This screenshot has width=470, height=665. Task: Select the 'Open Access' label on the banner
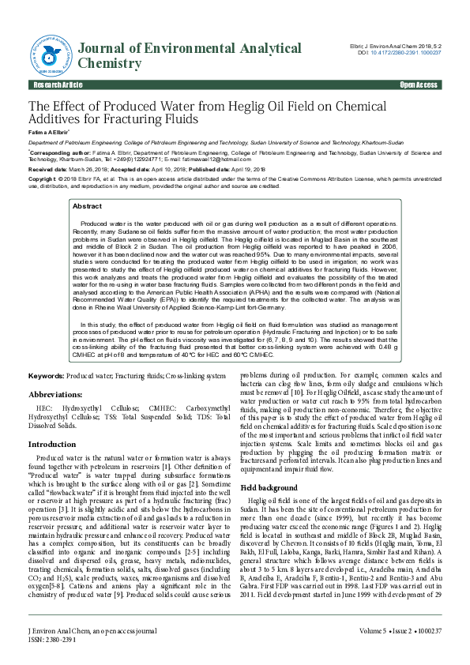(x=419, y=85)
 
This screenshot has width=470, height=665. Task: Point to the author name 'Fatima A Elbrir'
(x=49, y=132)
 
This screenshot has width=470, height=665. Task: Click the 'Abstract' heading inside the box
(x=87, y=205)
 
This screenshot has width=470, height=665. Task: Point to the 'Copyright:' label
(x=43, y=179)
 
